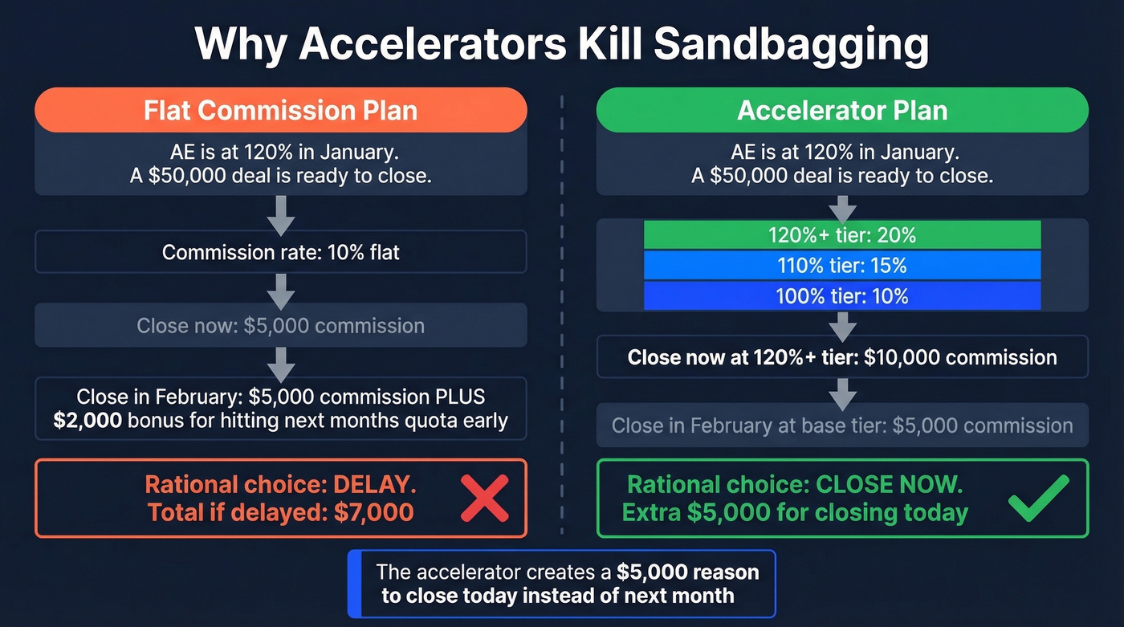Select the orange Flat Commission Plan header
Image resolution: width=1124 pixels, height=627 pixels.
tap(280, 110)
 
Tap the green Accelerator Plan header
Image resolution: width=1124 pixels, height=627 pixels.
tap(842, 110)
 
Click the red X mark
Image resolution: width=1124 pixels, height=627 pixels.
tap(484, 498)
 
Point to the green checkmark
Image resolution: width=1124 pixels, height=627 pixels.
tap(1038, 498)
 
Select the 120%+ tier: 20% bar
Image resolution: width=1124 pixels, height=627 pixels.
tap(842, 235)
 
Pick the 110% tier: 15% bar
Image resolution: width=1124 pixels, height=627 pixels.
tap(842, 266)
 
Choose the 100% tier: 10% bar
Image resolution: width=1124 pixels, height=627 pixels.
tap(842, 296)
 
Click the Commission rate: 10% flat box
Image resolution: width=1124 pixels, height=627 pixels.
tap(280, 253)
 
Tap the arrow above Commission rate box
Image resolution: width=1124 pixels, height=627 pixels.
tap(280, 213)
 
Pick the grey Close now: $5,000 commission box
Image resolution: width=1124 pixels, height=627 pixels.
tap(280, 326)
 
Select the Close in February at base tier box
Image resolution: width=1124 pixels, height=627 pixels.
tap(842, 425)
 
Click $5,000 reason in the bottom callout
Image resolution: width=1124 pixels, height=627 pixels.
tap(687, 572)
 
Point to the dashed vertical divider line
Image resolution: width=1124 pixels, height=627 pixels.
tap(561, 321)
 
